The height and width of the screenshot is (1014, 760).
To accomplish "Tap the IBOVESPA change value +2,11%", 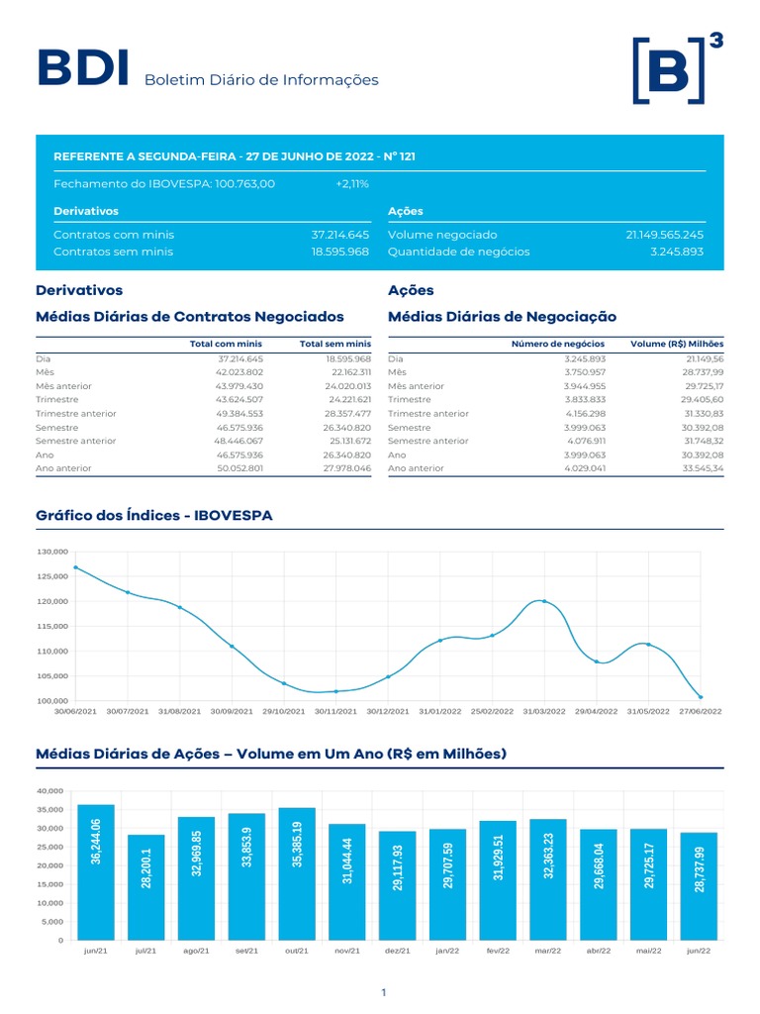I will (x=352, y=183).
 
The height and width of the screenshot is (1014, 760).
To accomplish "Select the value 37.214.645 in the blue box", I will (x=339, y=235).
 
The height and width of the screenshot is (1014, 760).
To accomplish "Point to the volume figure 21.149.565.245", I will (x=664, y=235).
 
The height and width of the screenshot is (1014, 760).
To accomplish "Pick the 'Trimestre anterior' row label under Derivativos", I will (x=76, y=413).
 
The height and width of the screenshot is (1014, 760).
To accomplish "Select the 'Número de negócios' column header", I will (x=557, y=344).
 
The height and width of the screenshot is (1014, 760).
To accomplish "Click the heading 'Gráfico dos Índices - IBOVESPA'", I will (x=153, y=516).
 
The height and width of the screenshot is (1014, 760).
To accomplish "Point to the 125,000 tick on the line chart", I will (x=52, y=576).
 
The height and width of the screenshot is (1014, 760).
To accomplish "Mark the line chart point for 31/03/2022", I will (x=544, y=601).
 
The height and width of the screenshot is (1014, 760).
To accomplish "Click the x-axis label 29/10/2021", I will (x=283, y=711).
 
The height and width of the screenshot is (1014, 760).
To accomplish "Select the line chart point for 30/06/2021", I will (x=76, y=567).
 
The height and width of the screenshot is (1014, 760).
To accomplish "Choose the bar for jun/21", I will (x=96, y=871).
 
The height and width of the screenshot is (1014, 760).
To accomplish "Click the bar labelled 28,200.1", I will (x=146, y=886).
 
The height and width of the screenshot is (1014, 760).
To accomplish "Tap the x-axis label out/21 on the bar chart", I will (x=297, y=951).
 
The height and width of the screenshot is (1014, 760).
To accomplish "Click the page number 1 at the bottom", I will (x=383, y=992).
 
